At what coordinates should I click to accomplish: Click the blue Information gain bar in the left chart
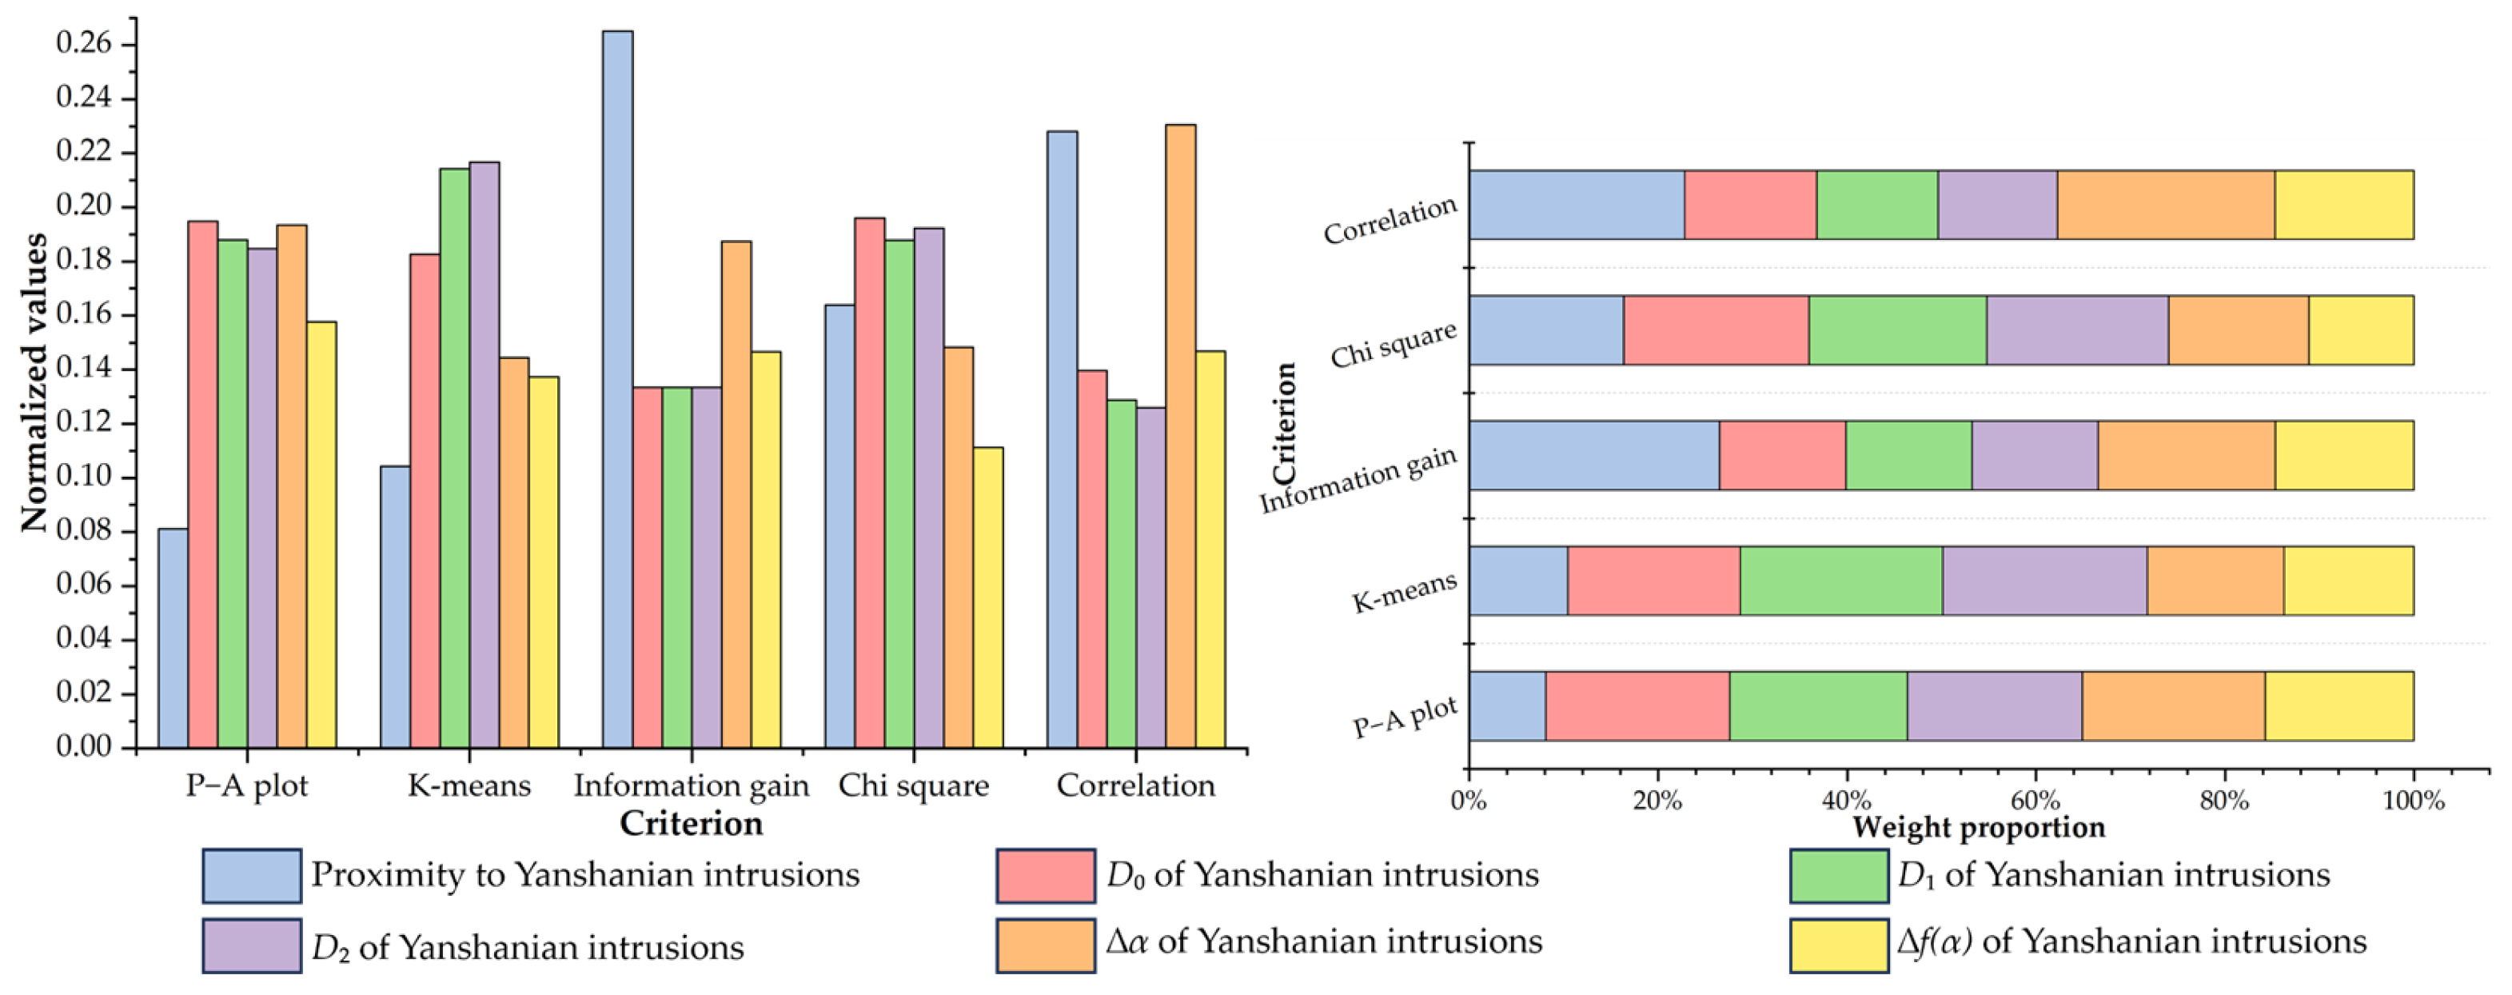[617, 390]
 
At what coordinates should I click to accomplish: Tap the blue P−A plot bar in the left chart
[173, 638]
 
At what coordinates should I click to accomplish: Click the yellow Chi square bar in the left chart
[988, 597]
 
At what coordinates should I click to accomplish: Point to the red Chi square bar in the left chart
[869, 483]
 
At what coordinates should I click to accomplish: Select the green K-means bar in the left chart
[454, 458]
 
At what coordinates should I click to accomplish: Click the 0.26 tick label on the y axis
[83, 44]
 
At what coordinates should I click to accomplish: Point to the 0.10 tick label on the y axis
[83, 477]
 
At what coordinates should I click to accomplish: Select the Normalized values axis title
[34, 382]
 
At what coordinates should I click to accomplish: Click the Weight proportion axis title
[1978, 827]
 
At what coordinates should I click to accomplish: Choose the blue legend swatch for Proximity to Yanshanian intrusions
[252, 875]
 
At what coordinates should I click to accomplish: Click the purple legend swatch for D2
[252, 945]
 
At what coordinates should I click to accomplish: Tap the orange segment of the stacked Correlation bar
[2165, 205]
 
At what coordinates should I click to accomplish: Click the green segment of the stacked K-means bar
[1840, 581]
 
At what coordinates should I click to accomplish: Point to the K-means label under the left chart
[469, 785]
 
